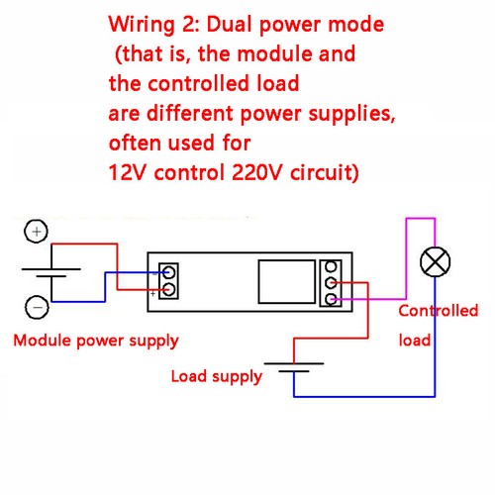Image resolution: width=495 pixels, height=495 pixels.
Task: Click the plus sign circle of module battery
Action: [x=36, y=232]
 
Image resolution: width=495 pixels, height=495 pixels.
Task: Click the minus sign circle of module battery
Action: [x=36, y=308]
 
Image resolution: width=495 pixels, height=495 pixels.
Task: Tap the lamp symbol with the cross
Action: [x=434, y=263]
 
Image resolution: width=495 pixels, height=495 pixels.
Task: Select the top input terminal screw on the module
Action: [x=169, y=272]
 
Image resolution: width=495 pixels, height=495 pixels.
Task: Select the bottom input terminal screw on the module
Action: [x=169, y=290]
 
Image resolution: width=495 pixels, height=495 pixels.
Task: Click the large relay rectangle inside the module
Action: [x=284, y=281]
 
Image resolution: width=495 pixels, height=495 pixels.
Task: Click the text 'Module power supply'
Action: [x=96, y=341]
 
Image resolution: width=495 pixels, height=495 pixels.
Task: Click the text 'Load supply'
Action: [x=217, y=376]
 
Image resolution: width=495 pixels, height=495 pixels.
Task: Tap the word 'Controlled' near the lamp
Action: [x=438, y=311]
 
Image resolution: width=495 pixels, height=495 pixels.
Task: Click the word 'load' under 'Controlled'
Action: [x=415, y=340]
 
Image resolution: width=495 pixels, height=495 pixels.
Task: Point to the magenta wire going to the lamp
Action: [x=407, y=257]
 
